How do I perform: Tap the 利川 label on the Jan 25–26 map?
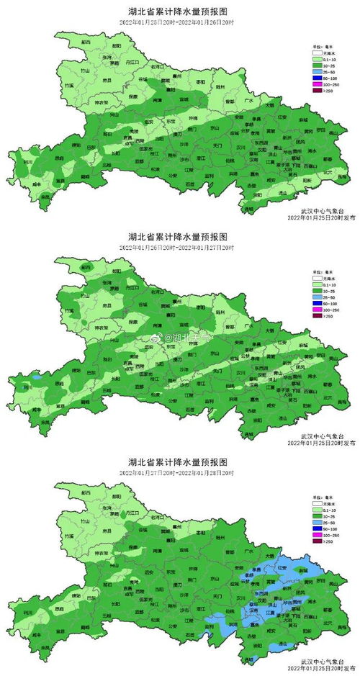coord(28,163)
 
